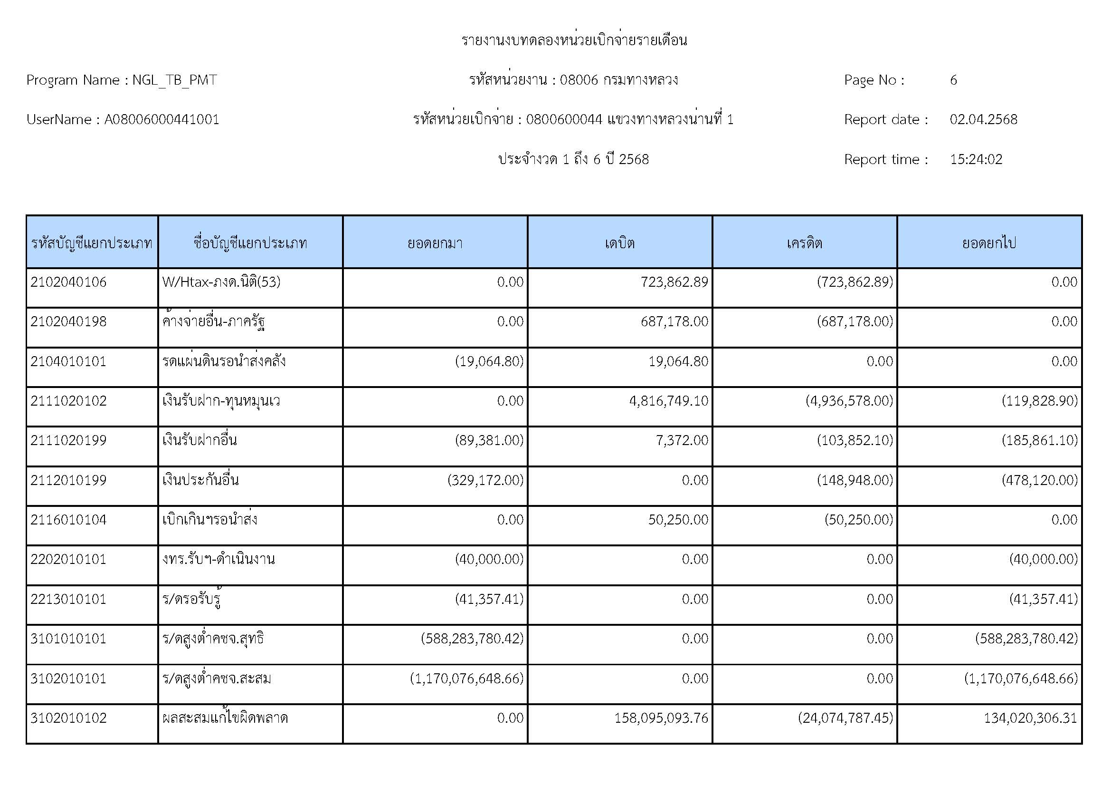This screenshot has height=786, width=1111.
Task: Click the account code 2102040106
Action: click(68, 282)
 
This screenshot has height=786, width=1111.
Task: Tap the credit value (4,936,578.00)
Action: click(849, 401)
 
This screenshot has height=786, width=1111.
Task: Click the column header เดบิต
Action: click(620, 243)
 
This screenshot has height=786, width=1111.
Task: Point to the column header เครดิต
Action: click(804, 243)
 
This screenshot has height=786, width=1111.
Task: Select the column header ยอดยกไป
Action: click(989, 243)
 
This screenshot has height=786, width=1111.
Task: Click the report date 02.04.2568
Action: click(983, 120)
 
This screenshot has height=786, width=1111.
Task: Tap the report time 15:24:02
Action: click(976, 159)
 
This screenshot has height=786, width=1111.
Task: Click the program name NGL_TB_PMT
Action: click(174, 80)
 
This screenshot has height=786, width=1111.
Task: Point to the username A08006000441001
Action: click(161, 120)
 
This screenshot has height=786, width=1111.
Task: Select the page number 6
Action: click(953, 80)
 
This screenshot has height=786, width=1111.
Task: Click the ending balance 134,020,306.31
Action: click(1031, 718)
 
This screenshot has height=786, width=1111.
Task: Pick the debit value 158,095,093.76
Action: click(661, 718)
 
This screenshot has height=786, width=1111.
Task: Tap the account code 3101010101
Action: click(68, 639)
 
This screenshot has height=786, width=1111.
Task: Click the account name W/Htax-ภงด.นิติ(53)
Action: click(221, 282)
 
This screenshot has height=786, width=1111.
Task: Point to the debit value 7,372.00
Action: click(682, 440)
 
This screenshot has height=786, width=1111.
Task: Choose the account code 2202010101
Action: click(68, 559)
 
